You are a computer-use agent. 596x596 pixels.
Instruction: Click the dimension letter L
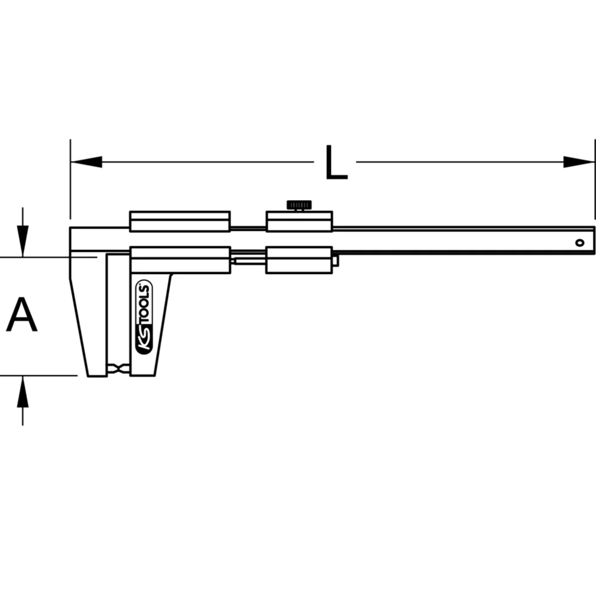(336, 162)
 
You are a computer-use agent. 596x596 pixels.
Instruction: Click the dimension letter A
(22, 316)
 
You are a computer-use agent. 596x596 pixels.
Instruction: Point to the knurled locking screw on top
(299, 206)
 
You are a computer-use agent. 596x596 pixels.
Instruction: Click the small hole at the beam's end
(579, 243)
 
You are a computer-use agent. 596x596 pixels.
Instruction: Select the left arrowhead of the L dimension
(86, 162)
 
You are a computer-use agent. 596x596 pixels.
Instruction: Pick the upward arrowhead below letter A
(23, 390)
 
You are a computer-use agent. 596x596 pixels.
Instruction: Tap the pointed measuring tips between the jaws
(119, 369)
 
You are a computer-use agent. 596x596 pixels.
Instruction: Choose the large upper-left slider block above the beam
(179, 222)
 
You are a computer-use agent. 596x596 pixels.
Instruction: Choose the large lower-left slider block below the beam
(179, 260)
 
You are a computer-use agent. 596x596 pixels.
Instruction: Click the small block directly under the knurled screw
(299, 222)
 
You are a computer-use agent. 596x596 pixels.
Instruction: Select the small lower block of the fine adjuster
(299, 260)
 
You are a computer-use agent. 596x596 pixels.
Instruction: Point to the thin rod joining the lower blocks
(248, 260)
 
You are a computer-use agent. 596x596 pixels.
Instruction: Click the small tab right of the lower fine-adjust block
(336, 260)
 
